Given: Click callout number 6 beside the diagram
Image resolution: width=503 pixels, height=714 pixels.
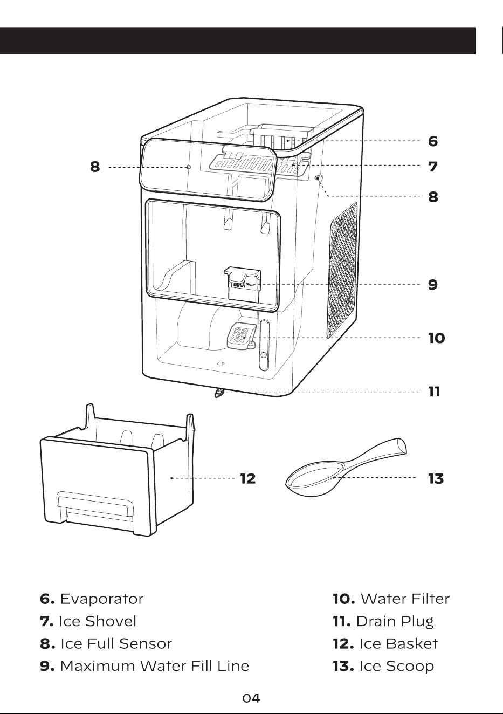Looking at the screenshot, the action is (x=432, y=141).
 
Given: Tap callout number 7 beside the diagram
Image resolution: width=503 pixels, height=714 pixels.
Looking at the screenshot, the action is (x=432, y=167).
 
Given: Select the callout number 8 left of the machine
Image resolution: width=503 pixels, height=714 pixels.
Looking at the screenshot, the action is (x=95, y=167).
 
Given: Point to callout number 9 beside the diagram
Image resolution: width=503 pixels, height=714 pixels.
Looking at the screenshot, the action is (x=432, y=285).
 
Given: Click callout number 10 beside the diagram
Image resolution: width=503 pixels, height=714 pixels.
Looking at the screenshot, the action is (x=436, y=338).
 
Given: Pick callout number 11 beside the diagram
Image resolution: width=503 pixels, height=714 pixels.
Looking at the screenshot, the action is (x=434, y=392).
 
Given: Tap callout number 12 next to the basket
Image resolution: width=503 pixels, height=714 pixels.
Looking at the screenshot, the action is (x=247, y=478).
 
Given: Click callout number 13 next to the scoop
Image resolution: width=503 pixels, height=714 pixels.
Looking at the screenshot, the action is (x=436, y=478).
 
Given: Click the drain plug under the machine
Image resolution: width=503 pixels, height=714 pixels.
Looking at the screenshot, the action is (x=219, y=394).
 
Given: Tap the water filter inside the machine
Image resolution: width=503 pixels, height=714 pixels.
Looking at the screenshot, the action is (x=240, y=337).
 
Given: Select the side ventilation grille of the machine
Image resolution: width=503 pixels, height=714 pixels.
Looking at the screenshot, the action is (x=342, y=270).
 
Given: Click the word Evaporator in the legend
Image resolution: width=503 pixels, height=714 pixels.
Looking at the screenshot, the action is (x=102, y=600).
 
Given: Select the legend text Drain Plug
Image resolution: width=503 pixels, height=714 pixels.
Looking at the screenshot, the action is (x=395, y=622).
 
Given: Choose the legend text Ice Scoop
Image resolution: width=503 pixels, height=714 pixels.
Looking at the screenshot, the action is (x=397, y=666).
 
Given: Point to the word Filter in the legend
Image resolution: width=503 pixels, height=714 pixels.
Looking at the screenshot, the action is (x=430, y=599).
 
